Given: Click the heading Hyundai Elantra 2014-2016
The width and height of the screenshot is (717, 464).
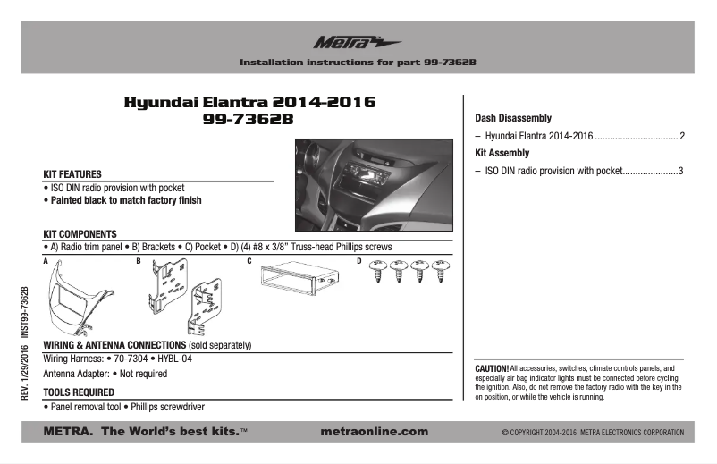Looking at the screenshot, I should pyautogui.click(x=249, y=103).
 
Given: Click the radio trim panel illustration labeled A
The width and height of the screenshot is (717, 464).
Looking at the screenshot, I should pyautogui.click(x=71, y=297).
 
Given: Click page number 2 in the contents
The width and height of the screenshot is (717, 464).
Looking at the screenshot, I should pyautogui.click(x=682, y=136).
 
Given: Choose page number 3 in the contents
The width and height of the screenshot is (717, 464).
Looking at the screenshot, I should pyautogui.click(x=680, y=171).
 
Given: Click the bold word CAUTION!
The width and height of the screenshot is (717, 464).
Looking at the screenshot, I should pyautogui.click(x=492, y=368).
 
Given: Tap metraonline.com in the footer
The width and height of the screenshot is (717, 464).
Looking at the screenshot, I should pyautogui.click(x=373, y=432).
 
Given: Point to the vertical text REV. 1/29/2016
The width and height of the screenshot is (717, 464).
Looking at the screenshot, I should pyautogui.click(x=25, y=380).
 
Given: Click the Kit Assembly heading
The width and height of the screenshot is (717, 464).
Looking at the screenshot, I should pyautogui.click(x=502, y=153).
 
